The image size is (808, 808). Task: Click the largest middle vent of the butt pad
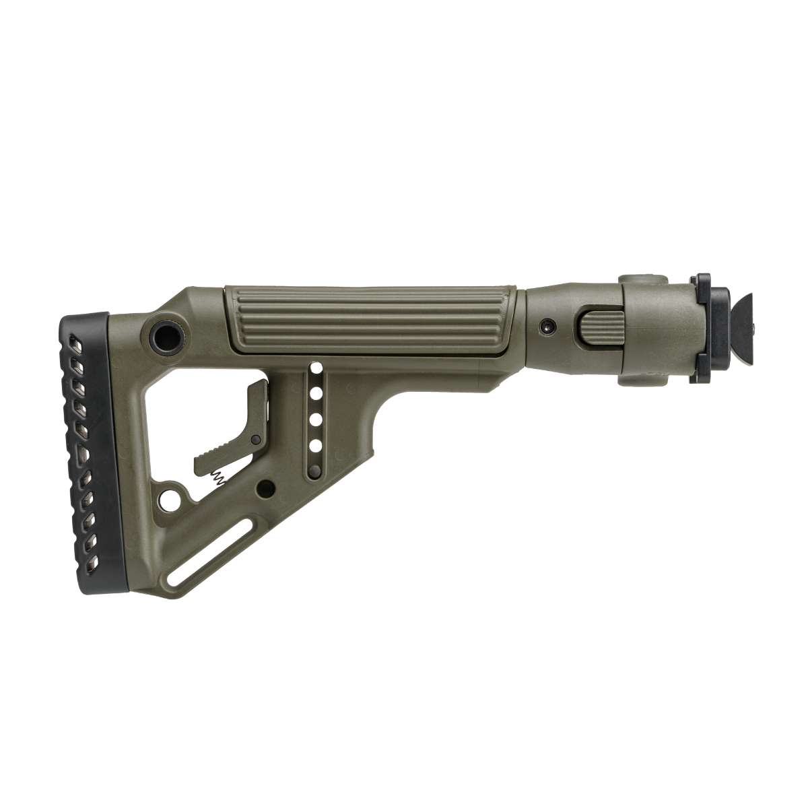(83, 454)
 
